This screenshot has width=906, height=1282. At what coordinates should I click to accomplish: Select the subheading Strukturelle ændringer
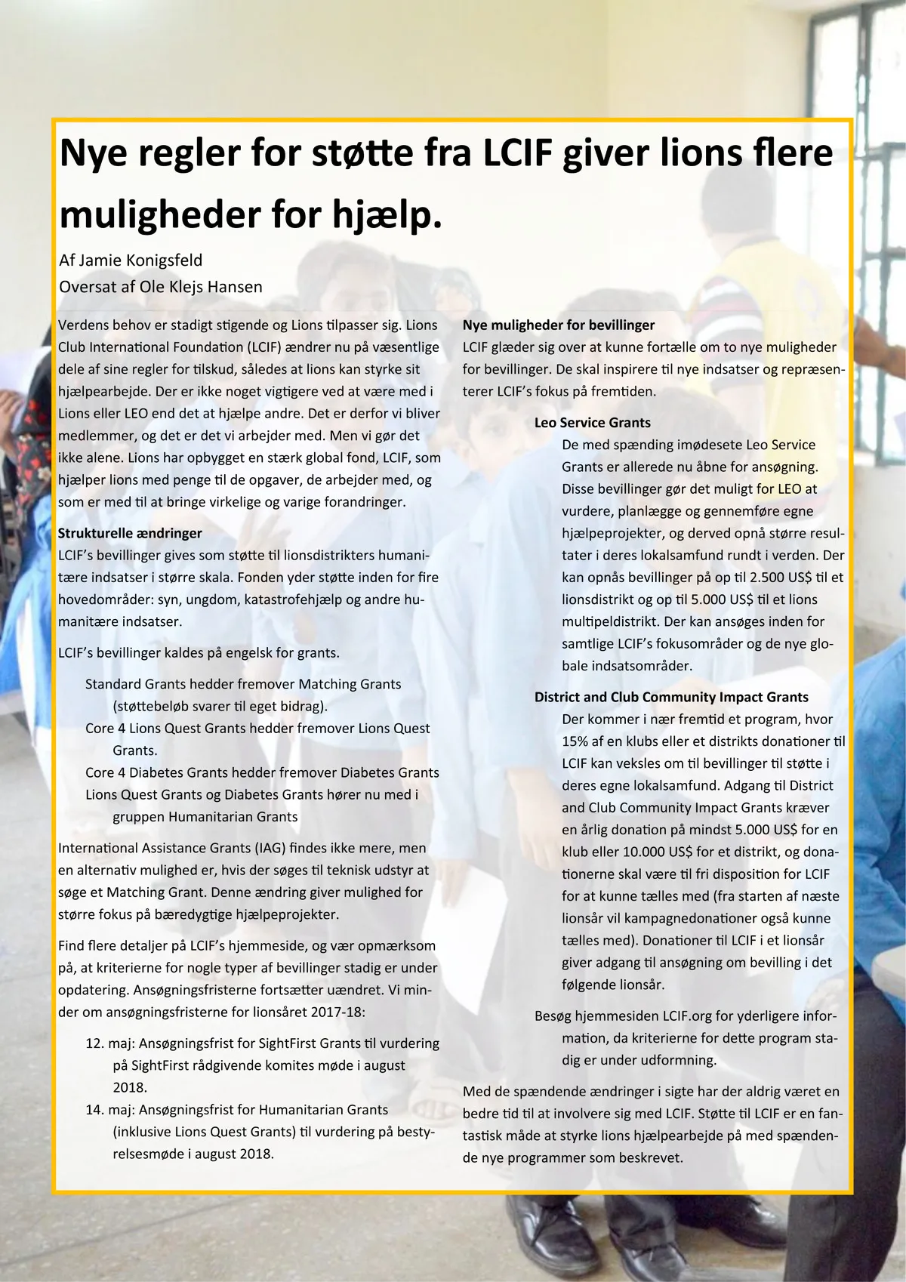(x=130, y=533)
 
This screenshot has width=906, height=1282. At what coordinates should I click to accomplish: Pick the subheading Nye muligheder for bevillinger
(x=559, y=325)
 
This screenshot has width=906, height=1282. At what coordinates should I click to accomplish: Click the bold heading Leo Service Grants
(x=592, y=423)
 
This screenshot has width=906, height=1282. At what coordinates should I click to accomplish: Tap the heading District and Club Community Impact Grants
(x=671, y=698)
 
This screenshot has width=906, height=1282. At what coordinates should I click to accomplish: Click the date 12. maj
(x=109, y=1043)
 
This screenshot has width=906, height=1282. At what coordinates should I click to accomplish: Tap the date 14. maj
(x=109, y=1110)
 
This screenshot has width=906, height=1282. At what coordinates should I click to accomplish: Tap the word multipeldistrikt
(x=611, y=621)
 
